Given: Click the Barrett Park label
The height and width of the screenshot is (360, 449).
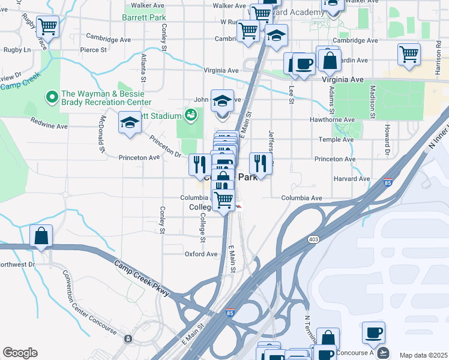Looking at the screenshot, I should (x=144, y=18).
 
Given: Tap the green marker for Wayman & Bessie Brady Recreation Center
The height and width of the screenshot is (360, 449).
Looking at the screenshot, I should (x=52, y=95).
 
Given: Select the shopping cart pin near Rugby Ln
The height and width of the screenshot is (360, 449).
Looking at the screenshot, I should (x=47, y=27).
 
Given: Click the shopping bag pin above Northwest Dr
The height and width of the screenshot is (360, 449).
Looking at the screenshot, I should (x=41, y=236).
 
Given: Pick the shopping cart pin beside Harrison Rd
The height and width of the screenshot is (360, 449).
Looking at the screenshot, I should (x=409, y=54).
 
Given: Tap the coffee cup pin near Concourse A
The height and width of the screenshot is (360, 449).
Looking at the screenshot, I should (x=373, y=332).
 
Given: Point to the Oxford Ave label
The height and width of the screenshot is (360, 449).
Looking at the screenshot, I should (x=201, y=254).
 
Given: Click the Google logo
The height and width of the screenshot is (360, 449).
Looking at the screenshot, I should (x=20, y=353).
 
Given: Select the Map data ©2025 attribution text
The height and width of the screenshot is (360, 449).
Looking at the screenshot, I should (x=423, y=355).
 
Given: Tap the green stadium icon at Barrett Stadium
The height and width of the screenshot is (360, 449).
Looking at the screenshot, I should (x=191, y=114).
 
